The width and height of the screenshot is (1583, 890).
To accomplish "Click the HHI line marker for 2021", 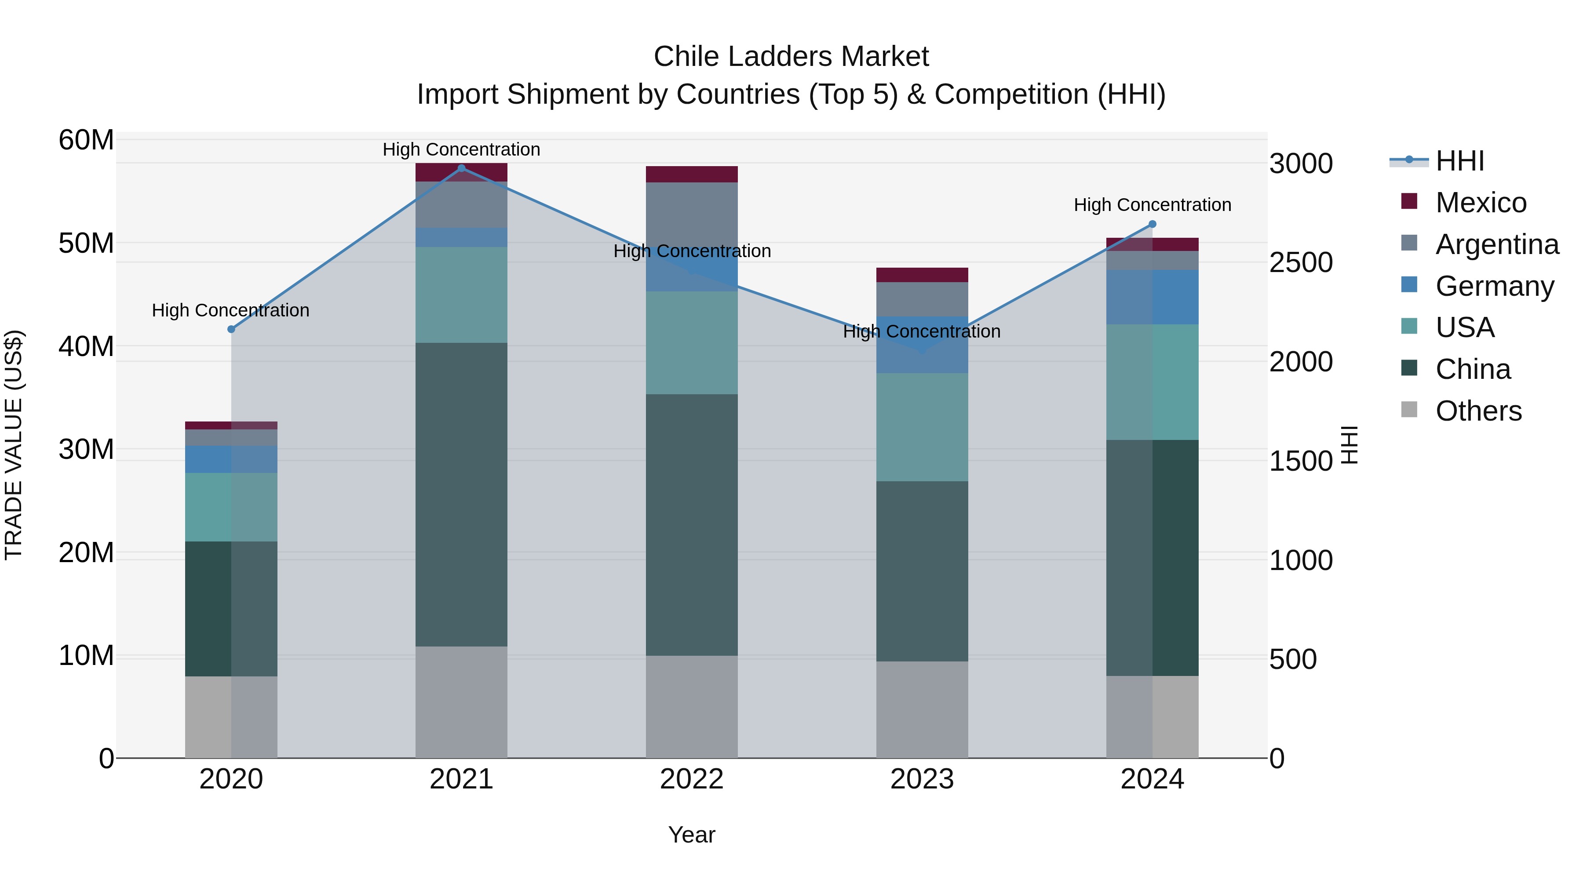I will click(462, 168).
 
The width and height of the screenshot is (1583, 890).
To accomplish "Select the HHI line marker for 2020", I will click(231, 329).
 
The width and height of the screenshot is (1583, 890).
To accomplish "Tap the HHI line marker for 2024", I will click(1152, 224).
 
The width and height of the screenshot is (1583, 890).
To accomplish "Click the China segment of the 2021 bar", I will click(462, 494).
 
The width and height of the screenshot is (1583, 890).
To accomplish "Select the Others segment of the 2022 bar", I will click(691, 706).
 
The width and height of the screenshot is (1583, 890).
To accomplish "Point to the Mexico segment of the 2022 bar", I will click(691, 174).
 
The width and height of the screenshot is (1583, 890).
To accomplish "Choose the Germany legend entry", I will click(1495, 286).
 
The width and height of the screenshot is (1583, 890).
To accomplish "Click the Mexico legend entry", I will click(1481, 203).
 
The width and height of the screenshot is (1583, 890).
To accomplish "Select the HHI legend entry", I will click(1459, 161).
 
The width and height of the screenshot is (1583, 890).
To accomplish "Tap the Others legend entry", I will click(1478, 411).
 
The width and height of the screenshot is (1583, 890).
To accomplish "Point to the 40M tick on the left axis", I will click(86, 346).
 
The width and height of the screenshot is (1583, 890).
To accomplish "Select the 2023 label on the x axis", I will click(922, 779).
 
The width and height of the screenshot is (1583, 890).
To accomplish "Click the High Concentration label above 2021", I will click(462, 149).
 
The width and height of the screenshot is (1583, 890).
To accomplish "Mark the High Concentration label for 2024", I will click(1152, 204).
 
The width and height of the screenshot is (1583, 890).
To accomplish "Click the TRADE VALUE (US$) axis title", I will click(14, 445).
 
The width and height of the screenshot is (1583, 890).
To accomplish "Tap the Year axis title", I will click(691, 835).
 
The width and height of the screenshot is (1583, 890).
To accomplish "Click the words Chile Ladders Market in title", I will click(791, 57).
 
